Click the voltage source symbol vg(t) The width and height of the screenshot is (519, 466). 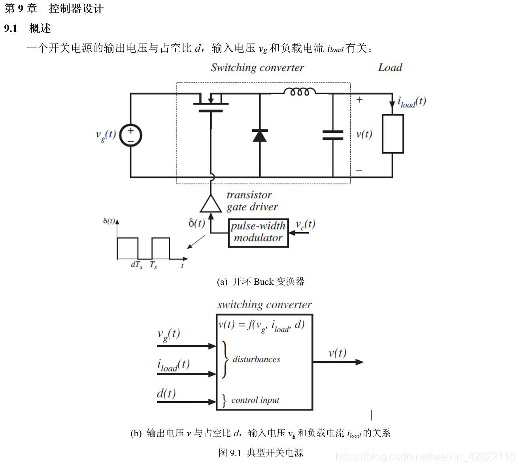pyautogui.click(x=130, y=135)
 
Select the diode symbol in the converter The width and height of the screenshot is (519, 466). pyautogui.click(x=260, y=136)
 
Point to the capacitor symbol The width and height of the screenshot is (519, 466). pyautogui.click(x=333, y=135)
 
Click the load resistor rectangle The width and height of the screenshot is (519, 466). pyautogui.click(x=393, y=134)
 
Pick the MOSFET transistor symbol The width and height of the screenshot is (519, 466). pyautogui.click(x=211, y=104)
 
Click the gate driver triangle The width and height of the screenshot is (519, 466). pyautogui.click(x=211, y=204)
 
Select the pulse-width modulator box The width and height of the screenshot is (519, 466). pyautogui.click(x=259, y=233)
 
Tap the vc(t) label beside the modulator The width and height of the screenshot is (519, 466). pyautogui.click(x=306, y=224)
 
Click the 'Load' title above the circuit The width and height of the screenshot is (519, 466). pyautogui.click(x=390, y=68)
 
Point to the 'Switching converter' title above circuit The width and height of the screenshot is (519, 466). pyautogui.click(x=257, y=68)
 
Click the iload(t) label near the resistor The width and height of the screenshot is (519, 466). pyautogui.click(x=411, y=102)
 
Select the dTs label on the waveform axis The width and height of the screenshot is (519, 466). pyautogui.click(x=136, y=265)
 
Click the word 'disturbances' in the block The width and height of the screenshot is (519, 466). pyautogui.click(x=256, y=359)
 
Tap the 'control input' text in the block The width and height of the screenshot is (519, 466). pyautogui.click(x=255, y=400)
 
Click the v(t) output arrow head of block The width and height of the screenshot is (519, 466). pyautogui.click(x=359, y=362)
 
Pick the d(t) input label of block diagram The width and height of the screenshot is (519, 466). pyautogui.click(x=166, y=393)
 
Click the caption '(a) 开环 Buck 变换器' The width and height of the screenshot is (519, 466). pyautogui.click(x=260, y=282)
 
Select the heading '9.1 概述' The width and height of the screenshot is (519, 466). pyautogui.click(x=28, y=28)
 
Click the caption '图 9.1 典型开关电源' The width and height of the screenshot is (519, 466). pyautogui.click(x=260, y=453)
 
